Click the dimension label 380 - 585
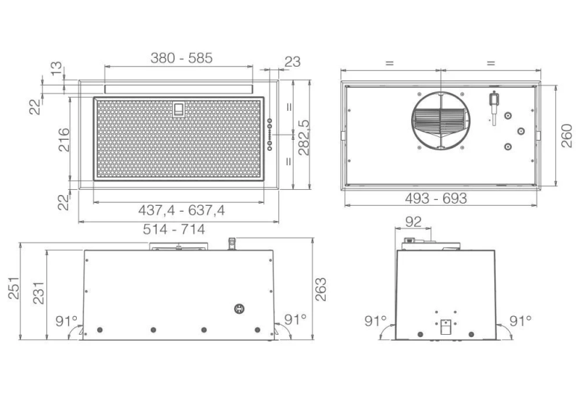(x=181, y=58)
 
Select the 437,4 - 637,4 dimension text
(x=181, y=210)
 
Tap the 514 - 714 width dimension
(x=174, y=229)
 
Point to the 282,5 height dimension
(x=304, y=137)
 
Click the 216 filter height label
(x=64, y=139)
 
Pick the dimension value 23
(x=293, y=62)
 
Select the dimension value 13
(x=57, y=68)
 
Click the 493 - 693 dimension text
(x=436, y=199)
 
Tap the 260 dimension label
(x=567, y=136)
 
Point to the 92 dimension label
(x=413, y=222)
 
